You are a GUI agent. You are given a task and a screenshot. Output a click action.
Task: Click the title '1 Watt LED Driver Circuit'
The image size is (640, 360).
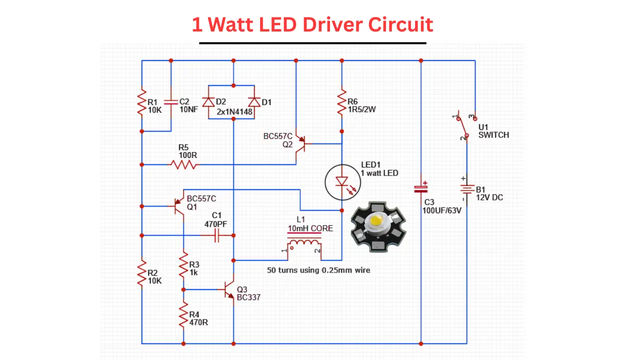[312, 24]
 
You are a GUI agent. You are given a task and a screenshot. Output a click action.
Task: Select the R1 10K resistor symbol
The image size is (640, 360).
[142, 102]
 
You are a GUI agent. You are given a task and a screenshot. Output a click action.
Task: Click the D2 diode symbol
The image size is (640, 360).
[209, 102]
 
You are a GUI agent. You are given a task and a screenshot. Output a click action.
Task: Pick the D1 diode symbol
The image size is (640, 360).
[254, 102]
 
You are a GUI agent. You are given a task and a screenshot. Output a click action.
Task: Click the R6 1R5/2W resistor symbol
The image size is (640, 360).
[342, 102]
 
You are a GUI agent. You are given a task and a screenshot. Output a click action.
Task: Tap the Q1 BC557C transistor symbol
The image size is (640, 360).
[178, 205]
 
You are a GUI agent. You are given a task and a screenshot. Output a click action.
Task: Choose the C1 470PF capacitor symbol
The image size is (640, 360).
[217, 235]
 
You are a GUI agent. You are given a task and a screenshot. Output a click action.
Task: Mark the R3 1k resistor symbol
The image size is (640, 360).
[183, 268]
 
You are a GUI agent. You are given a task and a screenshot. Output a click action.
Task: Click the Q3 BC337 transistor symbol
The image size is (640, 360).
[229, 289]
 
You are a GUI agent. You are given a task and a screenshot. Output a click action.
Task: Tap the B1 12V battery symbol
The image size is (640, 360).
[466, 189]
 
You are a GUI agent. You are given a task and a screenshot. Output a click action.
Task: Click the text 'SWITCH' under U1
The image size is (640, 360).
[493, 135]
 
